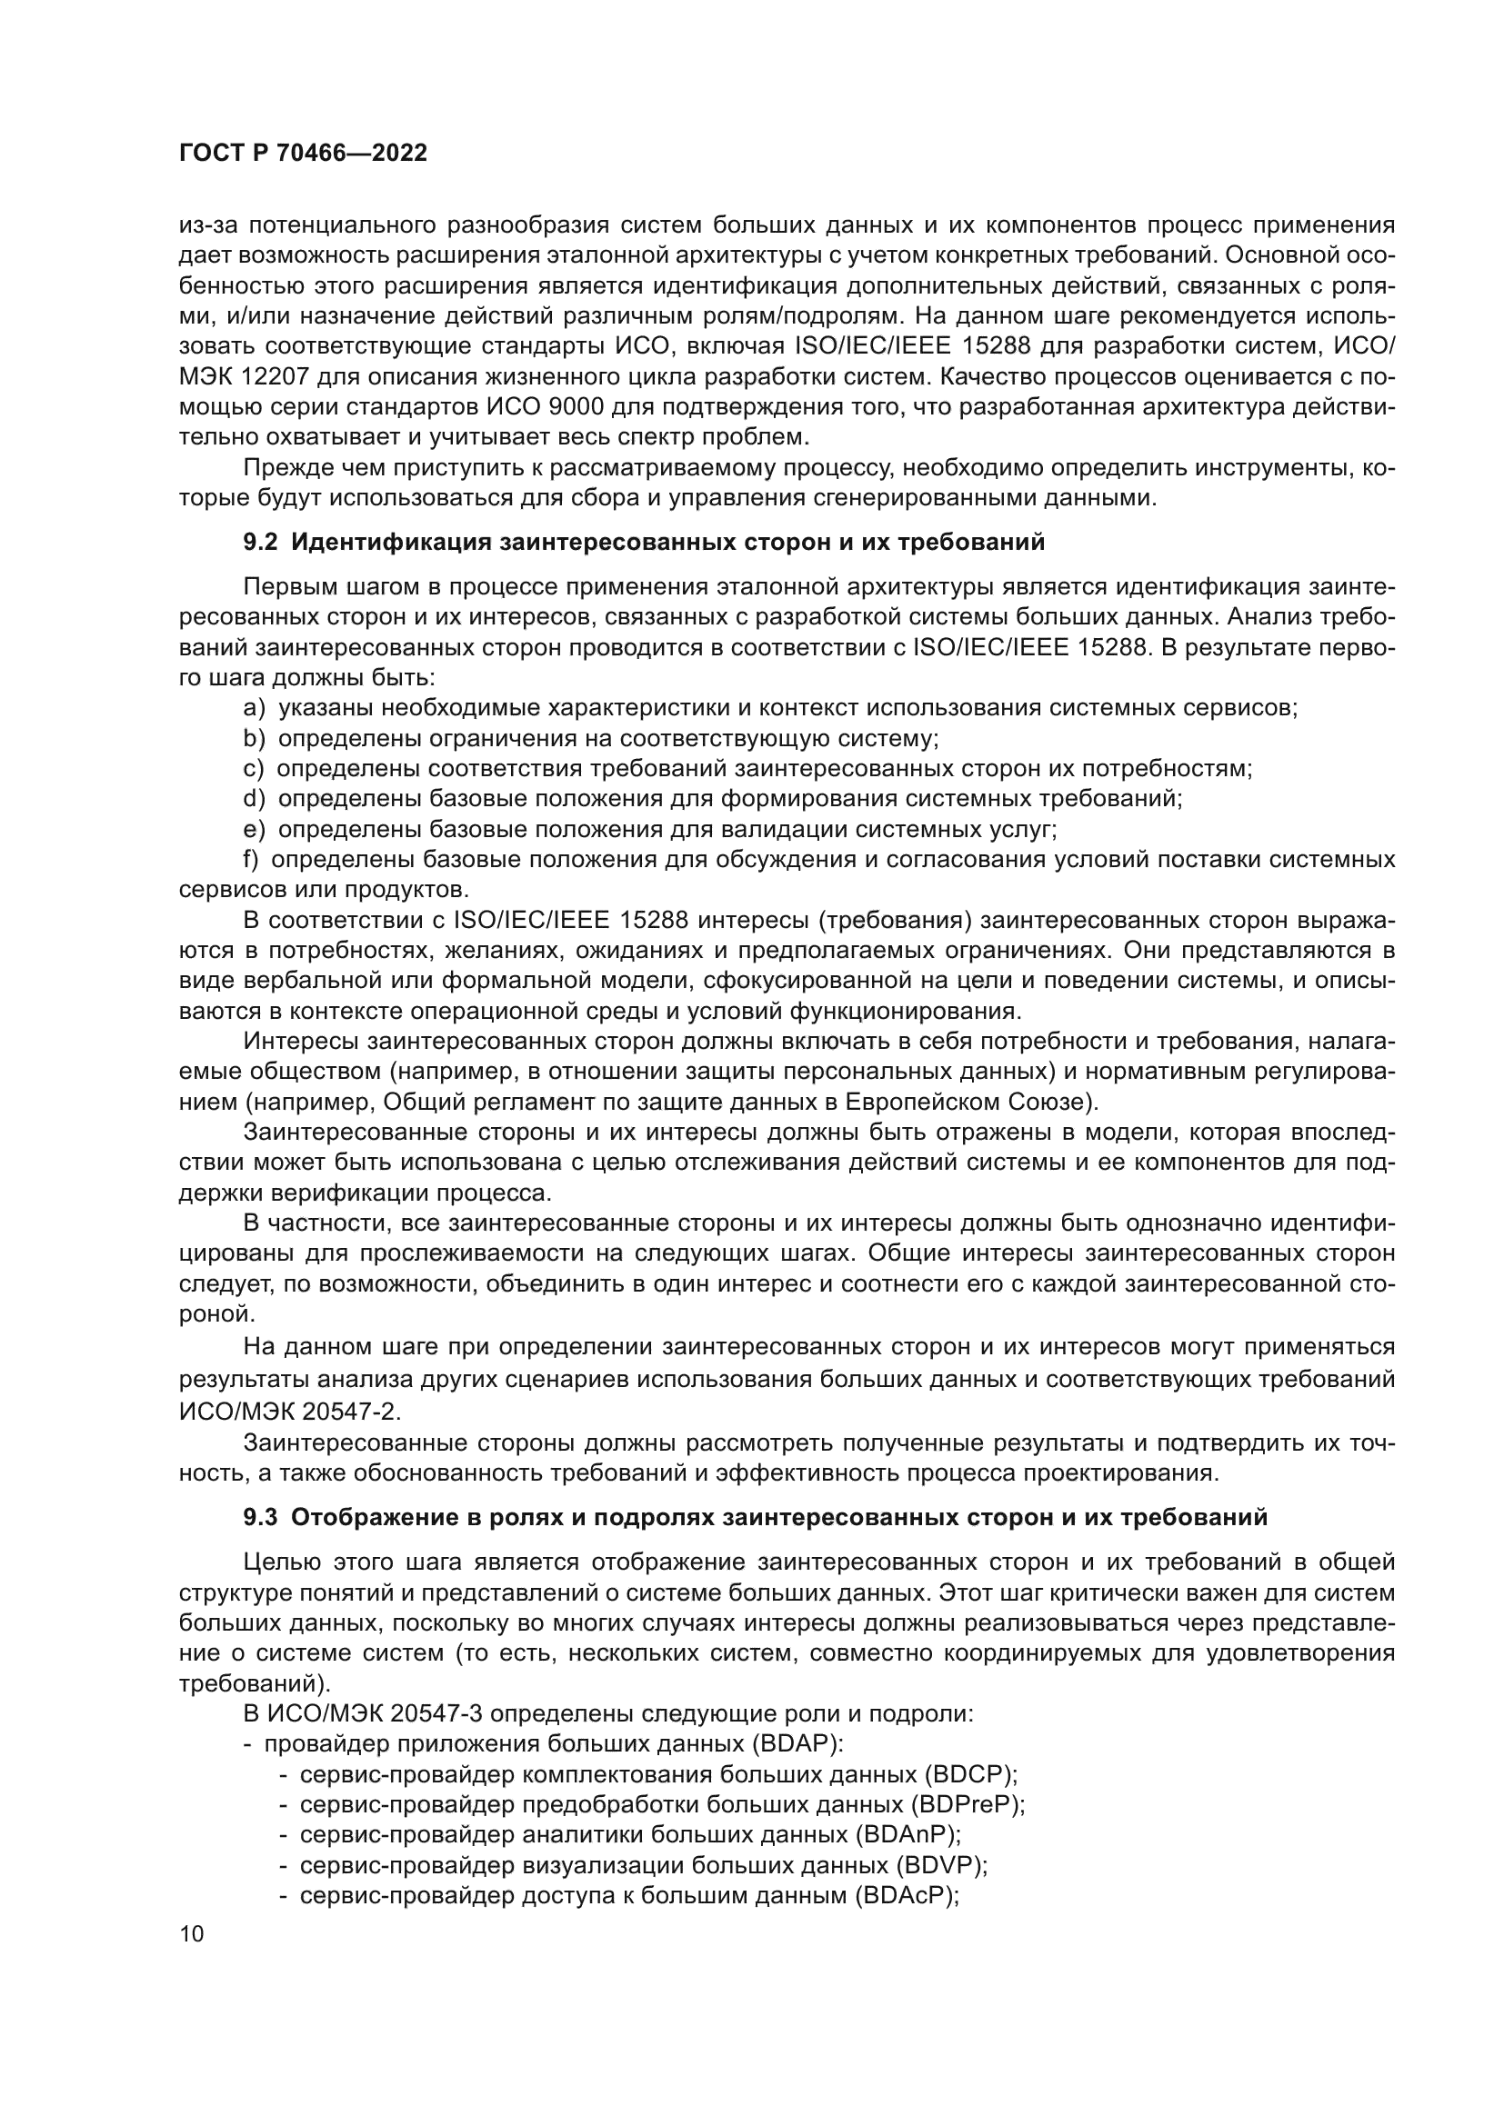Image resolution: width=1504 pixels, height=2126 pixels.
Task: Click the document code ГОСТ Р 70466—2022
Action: [x=303, y=154]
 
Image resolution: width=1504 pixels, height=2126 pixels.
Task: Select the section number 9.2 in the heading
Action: [x=260, y=543]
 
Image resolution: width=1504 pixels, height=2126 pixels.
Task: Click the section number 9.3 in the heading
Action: [x=260, y=1518]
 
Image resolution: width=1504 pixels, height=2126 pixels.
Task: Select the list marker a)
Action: [x=254, y=708]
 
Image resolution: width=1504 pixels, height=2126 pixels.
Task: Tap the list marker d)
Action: [x=254, y=798]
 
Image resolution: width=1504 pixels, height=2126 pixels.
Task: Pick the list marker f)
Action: [x=251, y=859]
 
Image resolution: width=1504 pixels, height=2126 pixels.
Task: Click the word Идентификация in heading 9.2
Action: [x=392, y=543]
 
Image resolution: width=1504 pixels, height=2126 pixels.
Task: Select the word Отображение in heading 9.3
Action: [x=374, y=1518]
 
